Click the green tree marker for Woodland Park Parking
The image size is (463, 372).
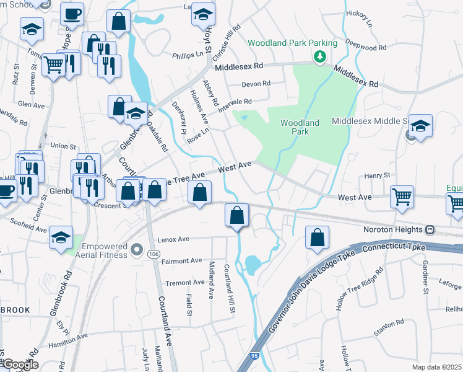pos(319,56)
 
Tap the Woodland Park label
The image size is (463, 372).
pos(300,128)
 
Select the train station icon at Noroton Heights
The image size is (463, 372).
pos(430,230)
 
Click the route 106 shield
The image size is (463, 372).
pos(137,252)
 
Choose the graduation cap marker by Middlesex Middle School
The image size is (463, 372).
pos(420,126)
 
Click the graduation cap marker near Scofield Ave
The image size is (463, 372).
pos(61,238)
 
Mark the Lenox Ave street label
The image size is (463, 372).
pos(175,239)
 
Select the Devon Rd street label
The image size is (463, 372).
pos(256,84)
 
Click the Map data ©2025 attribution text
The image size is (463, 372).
pos(436,367)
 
